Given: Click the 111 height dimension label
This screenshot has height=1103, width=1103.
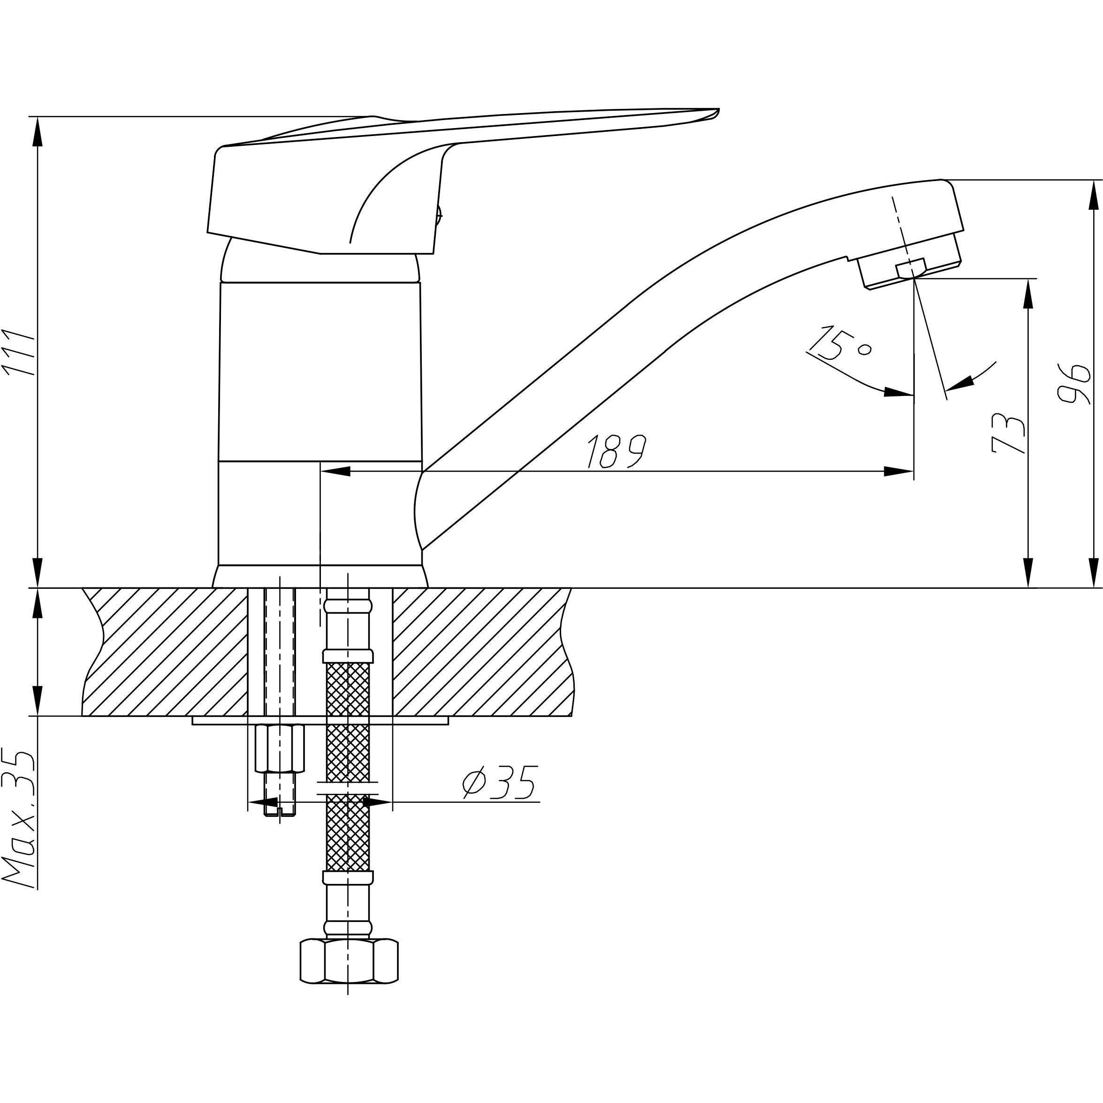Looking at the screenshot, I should (19, 352).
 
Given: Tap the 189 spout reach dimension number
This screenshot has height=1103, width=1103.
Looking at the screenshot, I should (617, 452).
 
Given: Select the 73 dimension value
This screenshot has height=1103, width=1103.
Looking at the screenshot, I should (1009, 434).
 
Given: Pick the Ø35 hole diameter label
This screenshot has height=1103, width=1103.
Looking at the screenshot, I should (500, 782).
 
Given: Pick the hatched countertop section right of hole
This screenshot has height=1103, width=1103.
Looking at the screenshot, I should (479, 651).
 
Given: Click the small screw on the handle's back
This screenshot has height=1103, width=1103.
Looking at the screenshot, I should (439, 216).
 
